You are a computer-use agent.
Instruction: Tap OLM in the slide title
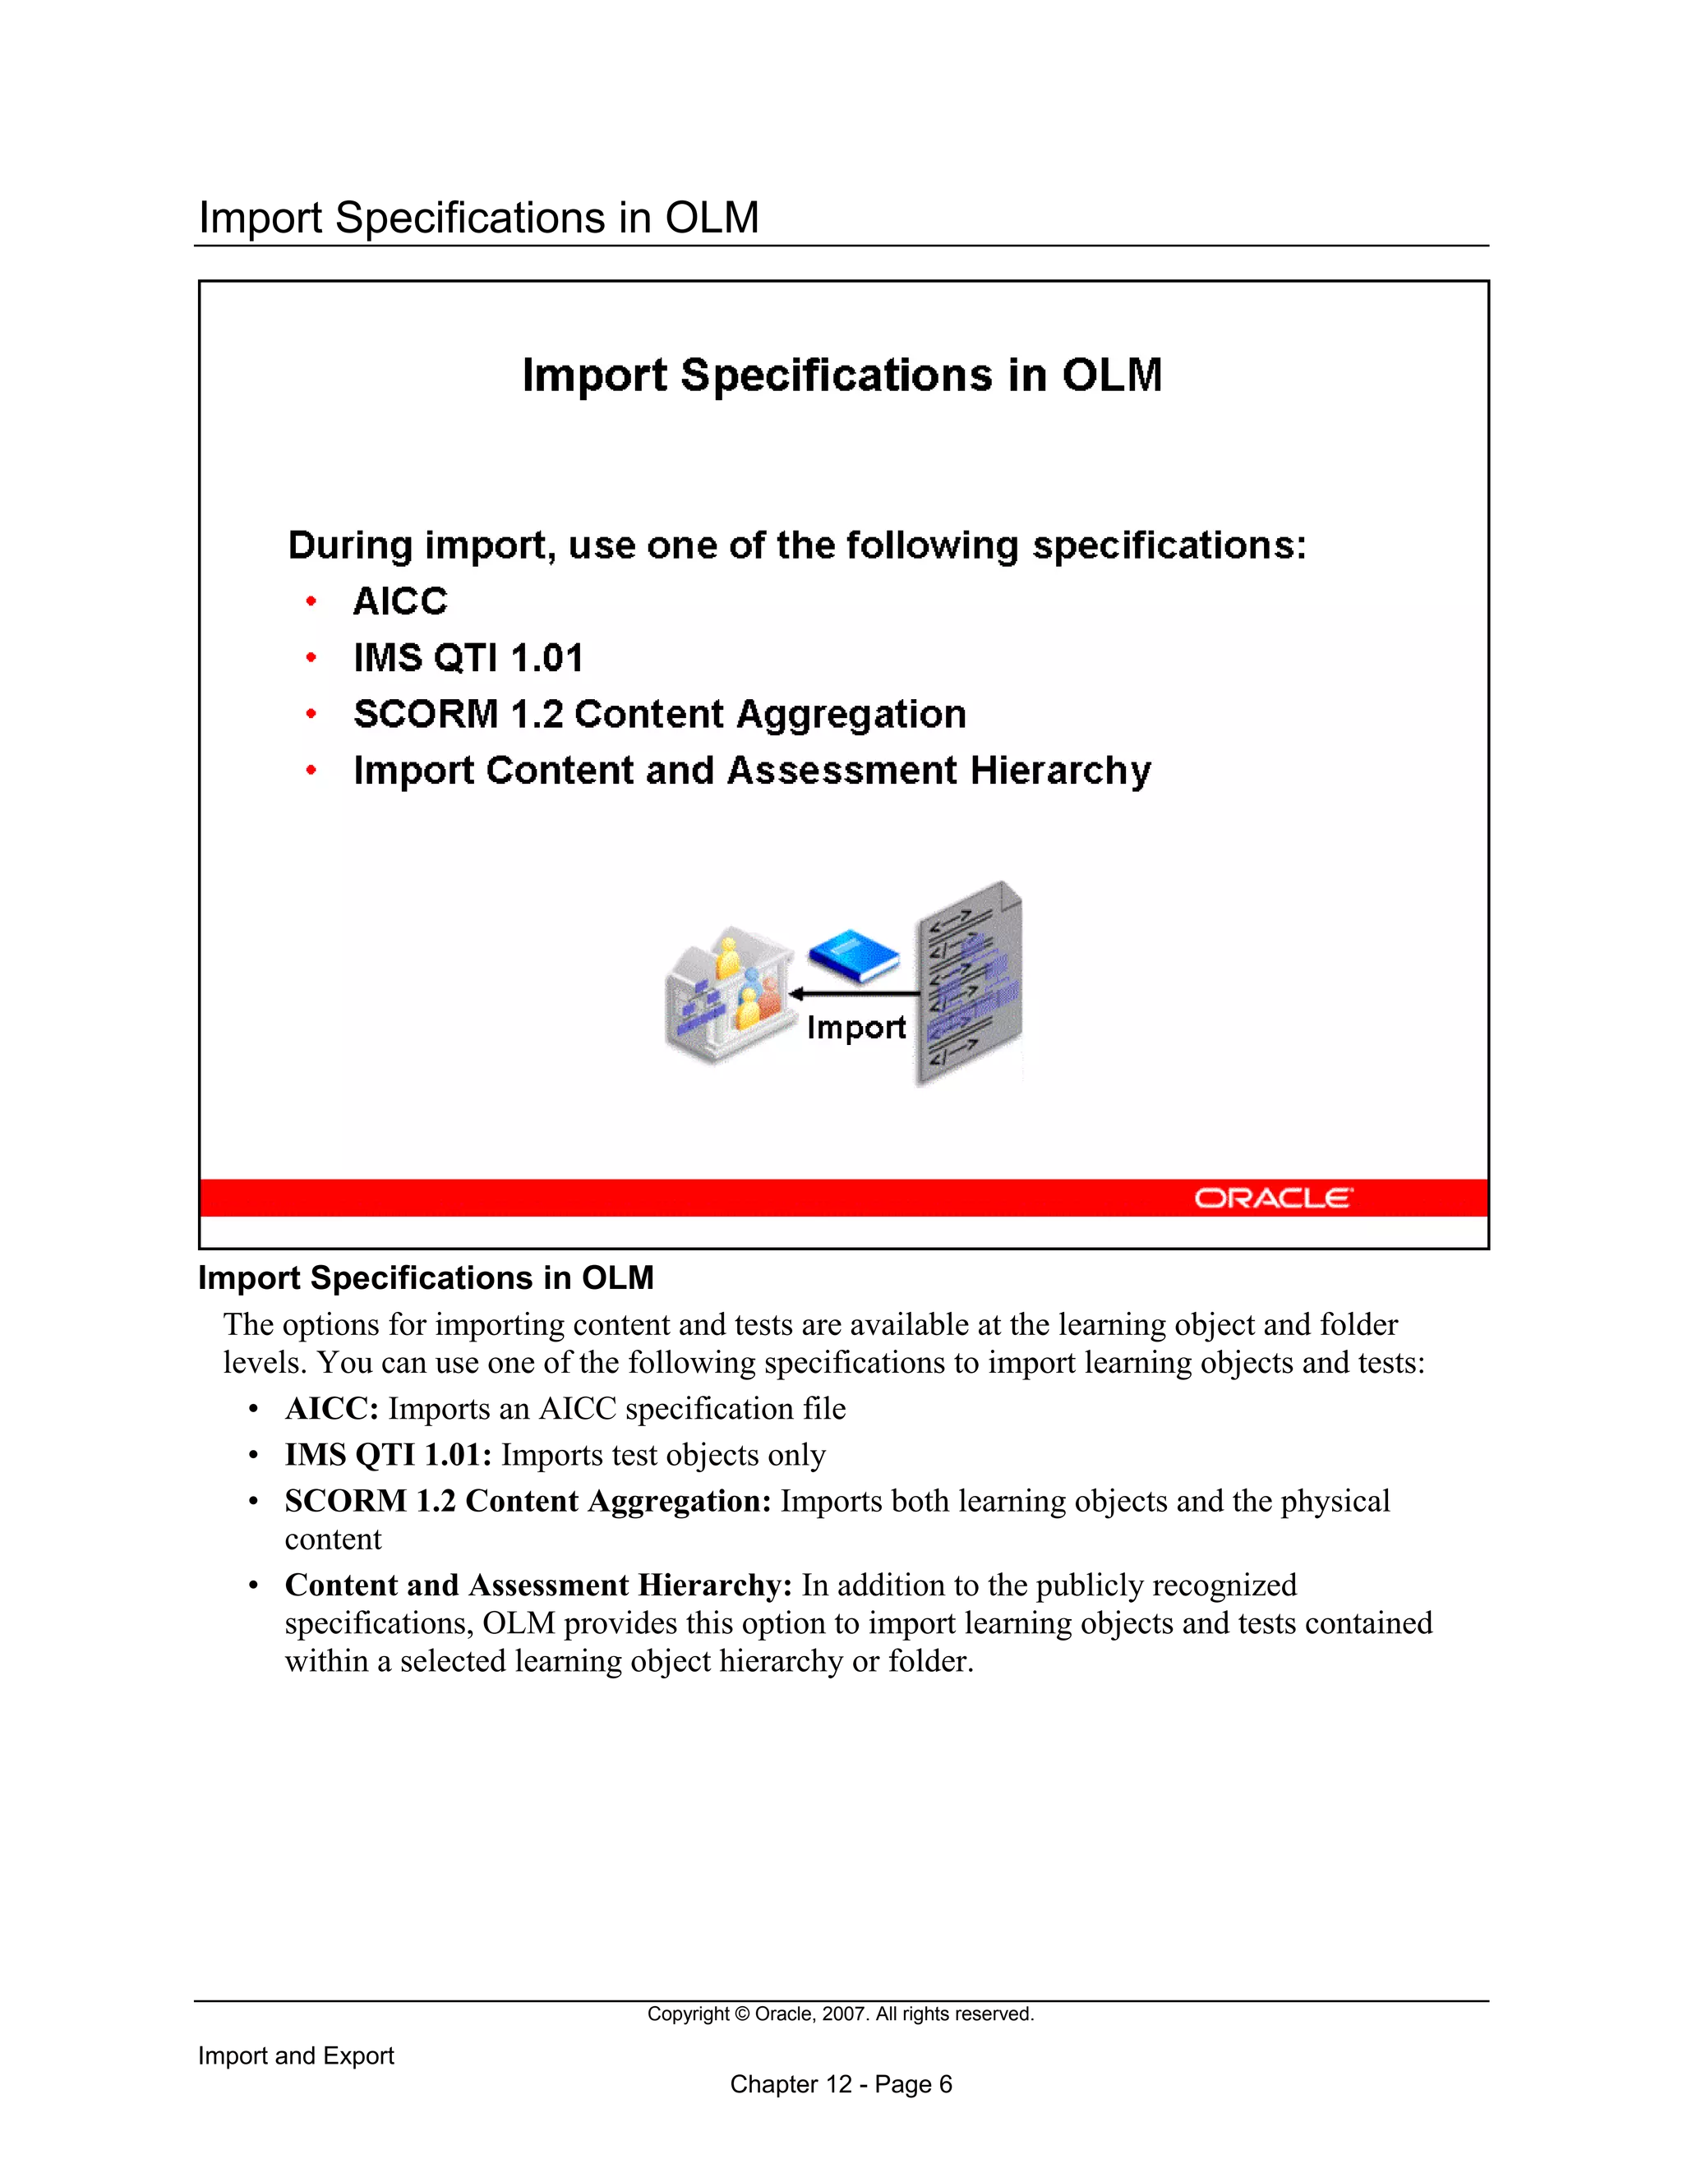coord(1112,375)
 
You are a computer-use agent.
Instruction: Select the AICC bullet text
coord(400,601)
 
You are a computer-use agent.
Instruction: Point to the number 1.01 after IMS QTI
coord(546,658)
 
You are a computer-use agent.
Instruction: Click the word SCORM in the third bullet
coord(426,714)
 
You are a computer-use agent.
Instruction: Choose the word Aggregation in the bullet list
coord(851,715)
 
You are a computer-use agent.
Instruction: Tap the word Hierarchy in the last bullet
coord(1060,771)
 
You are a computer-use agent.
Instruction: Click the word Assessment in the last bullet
coord(842,771)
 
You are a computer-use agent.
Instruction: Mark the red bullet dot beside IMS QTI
coord(311,658)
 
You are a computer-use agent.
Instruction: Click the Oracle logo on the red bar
coord(1273,1197)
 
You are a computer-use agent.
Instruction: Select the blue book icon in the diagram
coord(854,954)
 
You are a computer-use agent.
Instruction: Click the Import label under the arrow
coord(855,1027)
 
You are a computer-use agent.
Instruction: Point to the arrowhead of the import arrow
coord(796,994)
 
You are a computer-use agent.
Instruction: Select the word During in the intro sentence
coord(350,545)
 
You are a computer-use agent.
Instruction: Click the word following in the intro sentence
coord(932,545)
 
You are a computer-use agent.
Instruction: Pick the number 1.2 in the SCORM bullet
coord(537,714)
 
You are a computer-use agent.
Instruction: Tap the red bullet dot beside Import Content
coord(311,771)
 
